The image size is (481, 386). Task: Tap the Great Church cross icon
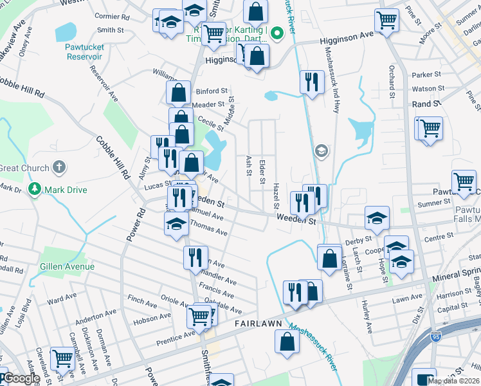tap(59, 168)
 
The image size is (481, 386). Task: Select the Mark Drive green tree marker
tap(35, 190)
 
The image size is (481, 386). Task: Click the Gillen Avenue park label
tap(67, 266)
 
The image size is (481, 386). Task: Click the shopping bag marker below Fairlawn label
tap(286, 341)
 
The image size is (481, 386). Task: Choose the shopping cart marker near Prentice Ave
tap(199, 315)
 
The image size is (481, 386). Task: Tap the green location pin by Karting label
tap(278, 33)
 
